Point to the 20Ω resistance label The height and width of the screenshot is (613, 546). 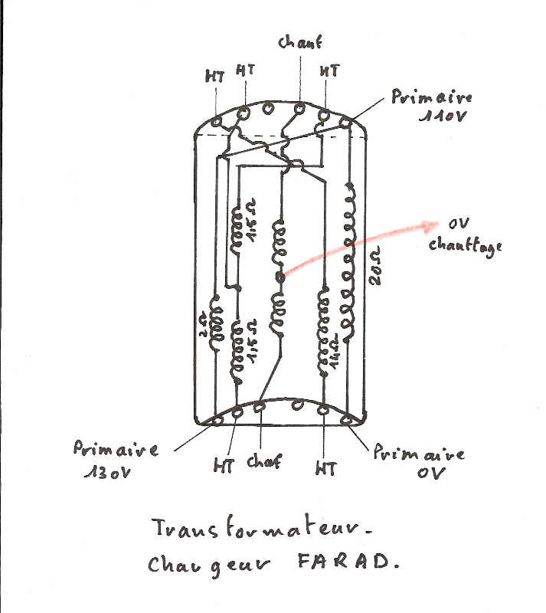(374, 270)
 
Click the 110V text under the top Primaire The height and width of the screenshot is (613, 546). (445, 116)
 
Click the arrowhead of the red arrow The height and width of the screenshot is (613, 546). (431, 224)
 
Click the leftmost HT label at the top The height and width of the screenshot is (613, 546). (214, 77)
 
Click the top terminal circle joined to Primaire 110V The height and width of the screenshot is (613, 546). (345, 123)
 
